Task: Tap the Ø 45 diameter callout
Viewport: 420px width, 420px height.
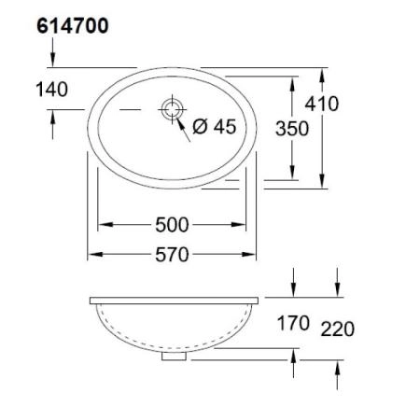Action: [x=214, y=127]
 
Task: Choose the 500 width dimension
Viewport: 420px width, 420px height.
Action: [x=173, y=225]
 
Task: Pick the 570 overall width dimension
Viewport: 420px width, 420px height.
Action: [x=173, y=253]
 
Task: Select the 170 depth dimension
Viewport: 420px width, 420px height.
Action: [x=293, y=326]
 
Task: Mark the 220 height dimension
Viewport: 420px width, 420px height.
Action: [x=337, y=328]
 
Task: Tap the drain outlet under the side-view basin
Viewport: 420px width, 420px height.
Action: [x=173, y=355]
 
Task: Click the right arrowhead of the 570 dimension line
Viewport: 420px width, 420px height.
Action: [x=251, y=253]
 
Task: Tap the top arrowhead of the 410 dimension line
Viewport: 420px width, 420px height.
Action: [x=323, y=73]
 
